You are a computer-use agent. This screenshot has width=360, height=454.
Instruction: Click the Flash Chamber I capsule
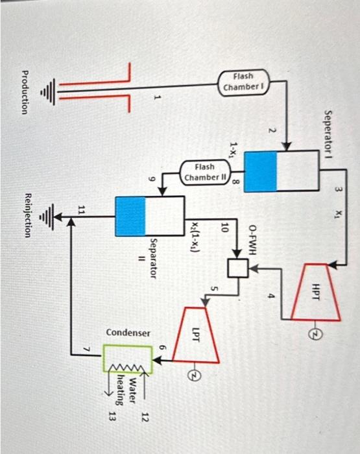tap(243, 82)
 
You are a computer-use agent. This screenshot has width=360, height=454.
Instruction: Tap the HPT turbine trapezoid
tap(315, 291)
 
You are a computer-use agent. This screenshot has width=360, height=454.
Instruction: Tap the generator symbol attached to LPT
tap(191, 375)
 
